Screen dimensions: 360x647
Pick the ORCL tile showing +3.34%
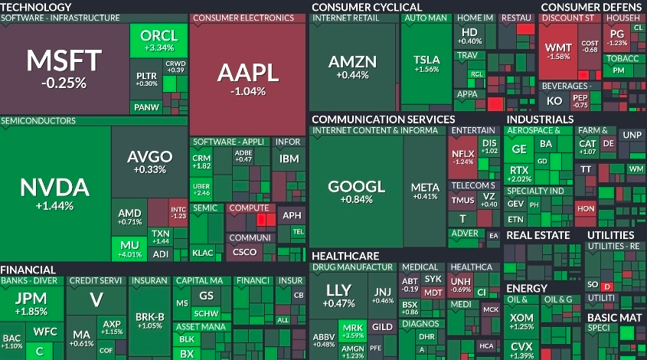tap(158, 40)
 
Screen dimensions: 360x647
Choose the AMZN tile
tap(352, 66)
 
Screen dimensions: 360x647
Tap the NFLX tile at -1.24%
tap(463, 157)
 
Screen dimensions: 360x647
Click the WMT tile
tap(558, 51)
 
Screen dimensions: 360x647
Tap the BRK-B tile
tap(149, 320)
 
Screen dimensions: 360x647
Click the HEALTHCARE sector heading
tap(345, 255)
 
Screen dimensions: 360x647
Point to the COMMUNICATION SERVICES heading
tap(383, 119)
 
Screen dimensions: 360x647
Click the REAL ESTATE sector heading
tap(538, 235)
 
